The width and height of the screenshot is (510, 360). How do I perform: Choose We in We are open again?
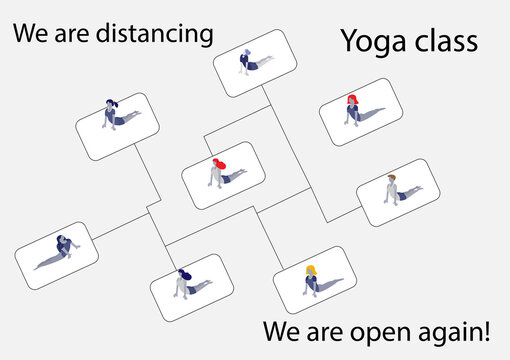coord(280,329)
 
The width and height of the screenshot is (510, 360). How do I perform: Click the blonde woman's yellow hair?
coord(311,269)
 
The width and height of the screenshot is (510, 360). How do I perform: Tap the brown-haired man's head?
coord(391,180)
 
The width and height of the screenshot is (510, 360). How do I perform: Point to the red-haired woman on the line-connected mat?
coord(218,170)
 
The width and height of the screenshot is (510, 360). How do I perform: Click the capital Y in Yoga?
coord(349,41)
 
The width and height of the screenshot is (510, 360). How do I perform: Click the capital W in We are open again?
coord(273,329)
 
